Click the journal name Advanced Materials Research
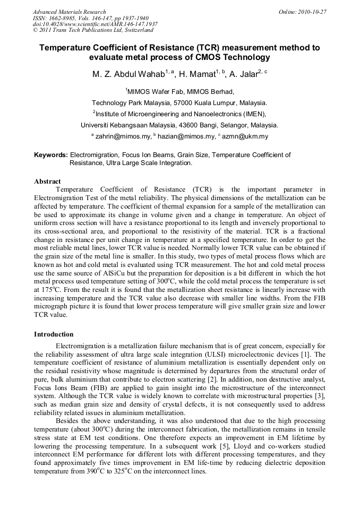(x=70, y=12)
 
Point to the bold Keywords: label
(x=51, y=155)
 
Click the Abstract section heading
(x=47, y=182)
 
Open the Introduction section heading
(x=54, y=334)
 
